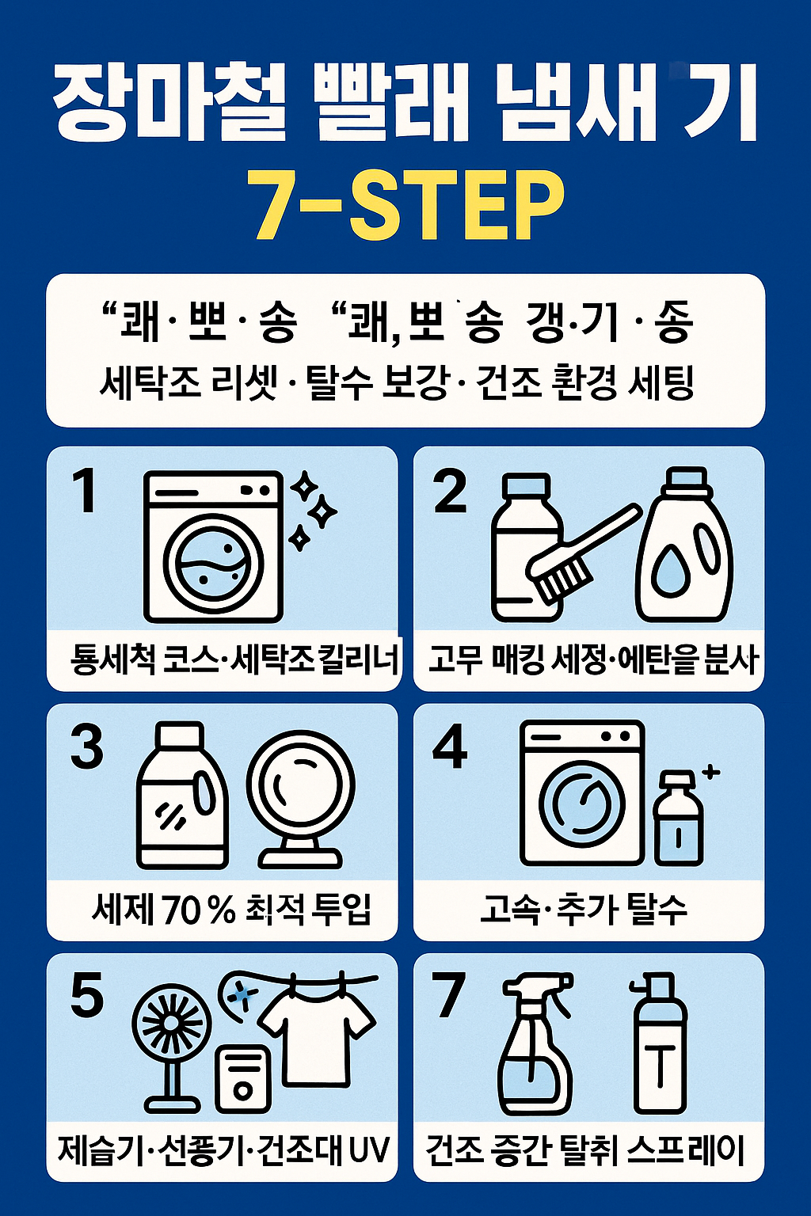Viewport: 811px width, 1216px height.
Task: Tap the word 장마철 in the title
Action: coord(169,103)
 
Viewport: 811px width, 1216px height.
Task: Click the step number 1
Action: coord(84,490)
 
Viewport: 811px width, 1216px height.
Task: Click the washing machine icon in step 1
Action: coord(213,546)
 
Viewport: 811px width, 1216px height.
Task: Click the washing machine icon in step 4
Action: coord(581,792)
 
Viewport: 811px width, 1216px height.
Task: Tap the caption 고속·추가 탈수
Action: coord(584,910)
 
